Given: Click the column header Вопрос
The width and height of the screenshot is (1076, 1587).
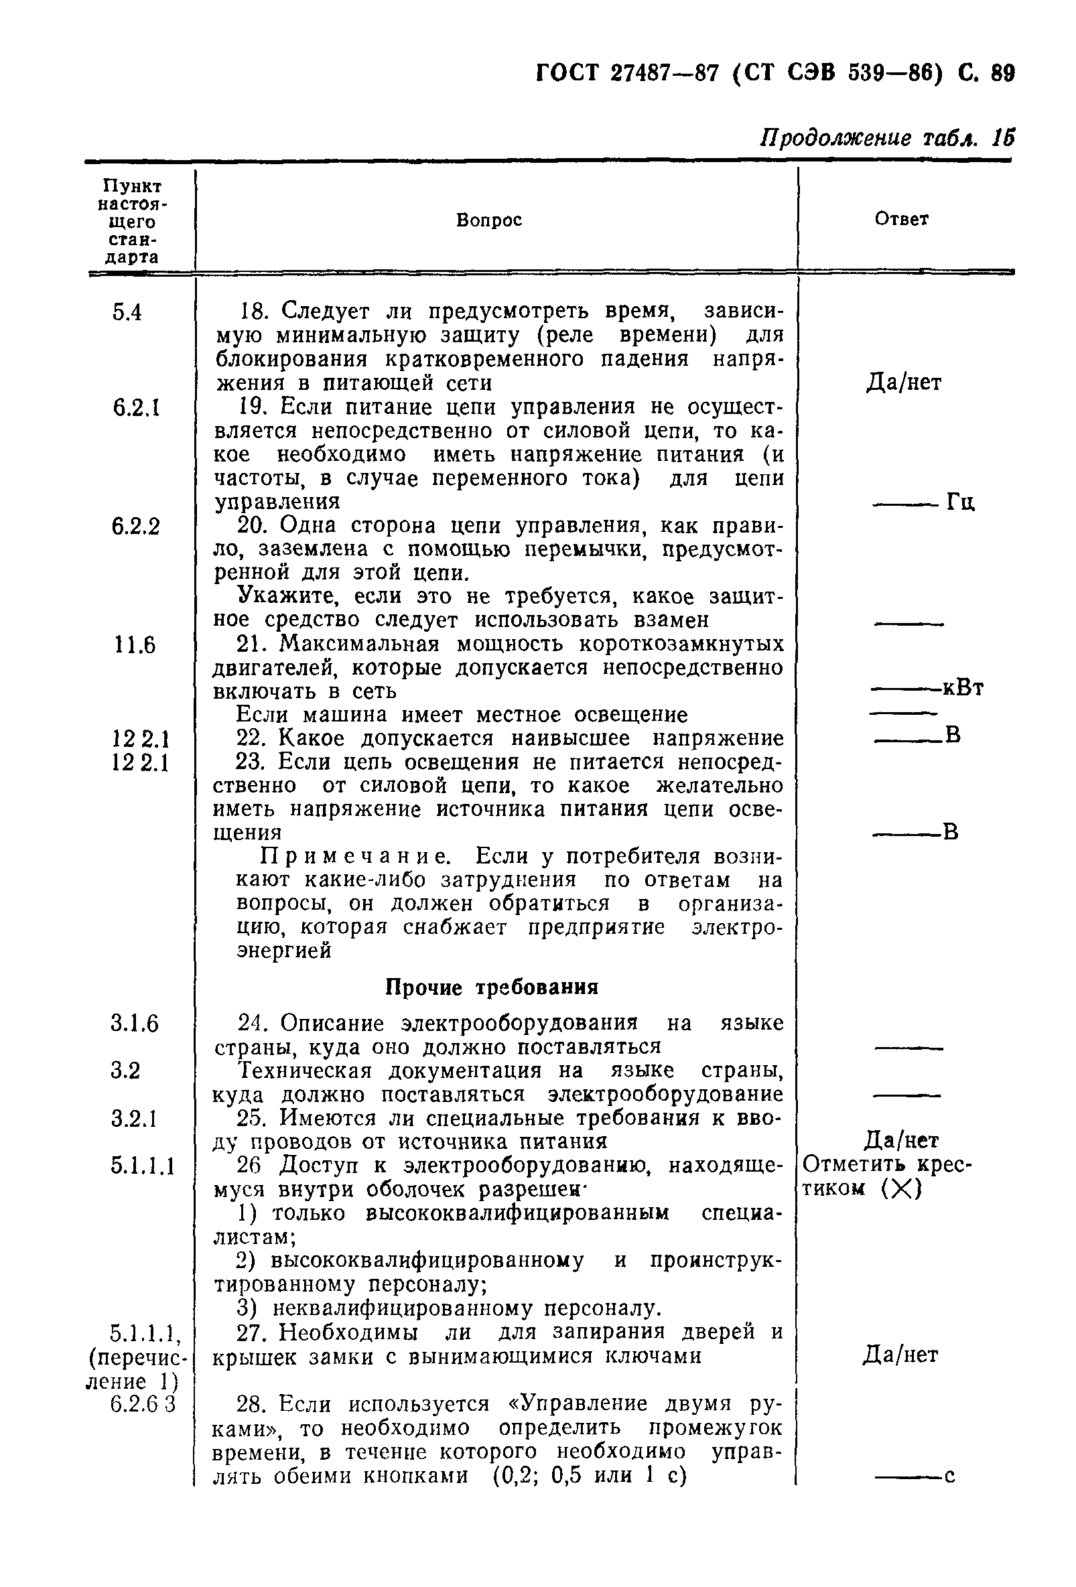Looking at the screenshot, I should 488,220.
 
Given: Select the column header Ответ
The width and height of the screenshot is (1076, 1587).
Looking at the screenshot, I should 901,219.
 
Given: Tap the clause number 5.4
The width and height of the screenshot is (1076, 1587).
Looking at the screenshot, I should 127,313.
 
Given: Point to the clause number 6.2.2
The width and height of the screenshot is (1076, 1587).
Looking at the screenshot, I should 136,527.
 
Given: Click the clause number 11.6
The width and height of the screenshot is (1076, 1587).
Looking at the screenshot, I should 135,645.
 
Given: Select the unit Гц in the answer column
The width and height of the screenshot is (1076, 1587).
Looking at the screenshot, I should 961,503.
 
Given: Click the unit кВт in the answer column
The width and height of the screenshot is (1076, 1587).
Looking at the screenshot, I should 963,689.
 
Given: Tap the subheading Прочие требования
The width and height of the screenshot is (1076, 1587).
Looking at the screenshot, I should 492,988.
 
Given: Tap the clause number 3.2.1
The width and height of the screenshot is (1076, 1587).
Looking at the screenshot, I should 134,1119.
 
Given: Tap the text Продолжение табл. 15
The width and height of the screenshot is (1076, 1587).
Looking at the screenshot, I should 887,139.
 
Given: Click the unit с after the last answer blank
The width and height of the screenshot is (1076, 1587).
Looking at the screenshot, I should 949,1476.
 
